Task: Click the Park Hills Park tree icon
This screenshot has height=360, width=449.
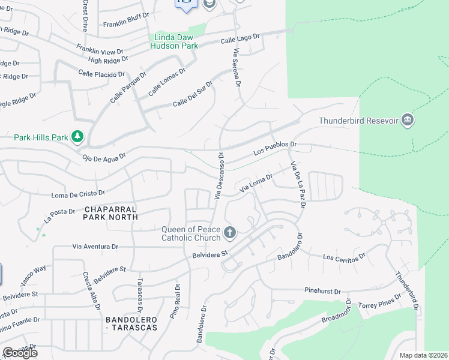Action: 77,137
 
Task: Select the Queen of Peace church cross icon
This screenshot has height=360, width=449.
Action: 229,233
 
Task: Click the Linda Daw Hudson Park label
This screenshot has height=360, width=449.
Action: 173,41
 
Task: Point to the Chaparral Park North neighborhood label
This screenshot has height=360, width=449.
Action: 110,213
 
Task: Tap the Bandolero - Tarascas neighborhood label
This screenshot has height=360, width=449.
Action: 131,323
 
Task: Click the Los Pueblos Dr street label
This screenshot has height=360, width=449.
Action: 275,148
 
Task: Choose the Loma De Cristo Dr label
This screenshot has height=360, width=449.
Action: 78,194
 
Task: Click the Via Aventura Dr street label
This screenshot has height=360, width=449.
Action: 95,247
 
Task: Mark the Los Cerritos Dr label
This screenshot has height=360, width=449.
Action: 344,257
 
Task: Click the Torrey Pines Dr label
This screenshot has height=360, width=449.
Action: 379,302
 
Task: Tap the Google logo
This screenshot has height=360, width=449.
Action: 20,353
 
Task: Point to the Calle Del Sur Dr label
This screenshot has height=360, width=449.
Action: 193,95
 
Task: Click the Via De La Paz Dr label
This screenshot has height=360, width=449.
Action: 298,185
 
